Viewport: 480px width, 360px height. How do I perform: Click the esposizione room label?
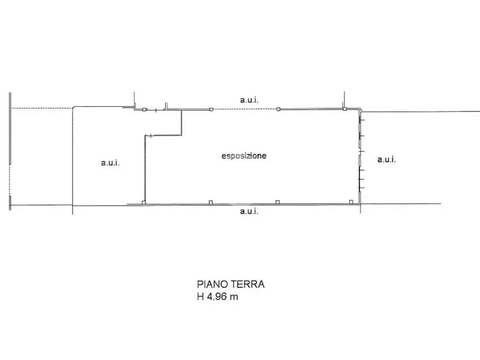point(244,156)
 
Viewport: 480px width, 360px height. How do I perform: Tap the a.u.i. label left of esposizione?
point(110,163)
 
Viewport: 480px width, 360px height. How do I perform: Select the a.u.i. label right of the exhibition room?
point(386,160)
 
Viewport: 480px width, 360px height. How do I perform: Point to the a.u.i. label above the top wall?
point(249,100)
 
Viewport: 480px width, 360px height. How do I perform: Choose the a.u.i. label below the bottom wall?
point(249,211)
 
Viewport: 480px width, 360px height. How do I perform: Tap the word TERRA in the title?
point(247,284)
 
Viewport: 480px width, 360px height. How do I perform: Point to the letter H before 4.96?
point(201,297)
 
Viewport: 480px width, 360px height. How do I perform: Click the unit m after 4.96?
point(234,297)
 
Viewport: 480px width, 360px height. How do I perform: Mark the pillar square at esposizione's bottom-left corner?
point(144,202)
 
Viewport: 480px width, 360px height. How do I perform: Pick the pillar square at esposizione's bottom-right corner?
point(351,202)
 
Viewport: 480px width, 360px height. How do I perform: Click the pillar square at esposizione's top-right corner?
point(345,109)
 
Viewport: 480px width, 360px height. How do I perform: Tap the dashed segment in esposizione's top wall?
point(245,109)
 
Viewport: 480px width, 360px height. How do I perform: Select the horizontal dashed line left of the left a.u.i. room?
point(42,108)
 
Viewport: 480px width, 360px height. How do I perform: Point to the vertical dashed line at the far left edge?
point(9,180)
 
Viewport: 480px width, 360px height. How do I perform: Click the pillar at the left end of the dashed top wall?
point(211,109)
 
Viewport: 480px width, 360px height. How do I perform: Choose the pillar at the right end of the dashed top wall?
point(278,109)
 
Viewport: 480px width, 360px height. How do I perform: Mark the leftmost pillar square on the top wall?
point(144,109)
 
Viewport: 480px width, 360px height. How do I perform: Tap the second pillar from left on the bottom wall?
point(211,202)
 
